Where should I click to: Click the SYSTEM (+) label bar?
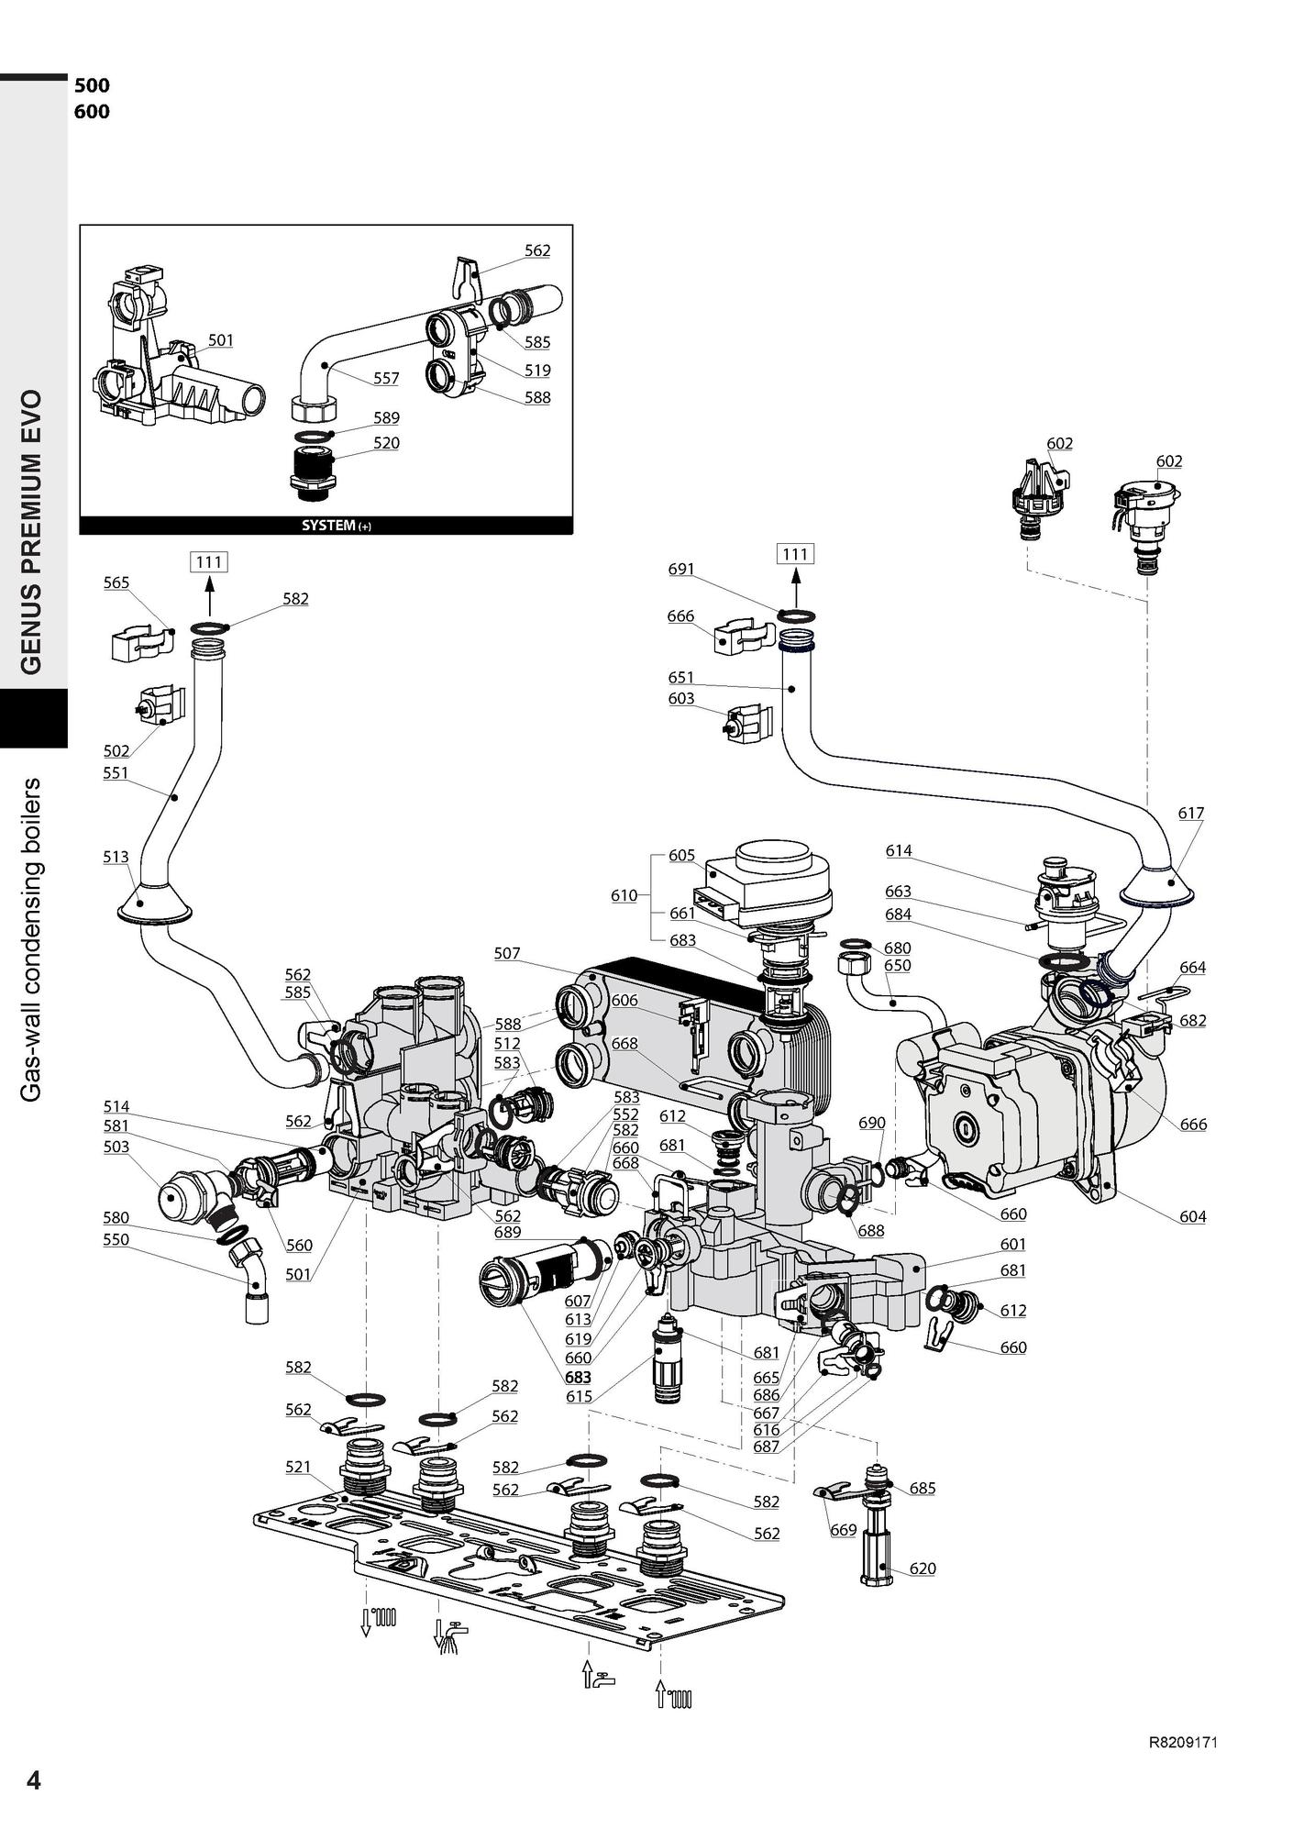[326, 526]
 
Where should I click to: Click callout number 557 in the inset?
[386, 378]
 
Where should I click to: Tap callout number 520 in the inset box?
[386, 443]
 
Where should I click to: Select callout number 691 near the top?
[681, 570]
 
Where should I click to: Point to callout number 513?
[116, 857]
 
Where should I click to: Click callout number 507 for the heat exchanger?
[507, 953]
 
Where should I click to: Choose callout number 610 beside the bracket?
[624, 895]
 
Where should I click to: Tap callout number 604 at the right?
[1192, 1216]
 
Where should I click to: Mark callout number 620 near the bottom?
[923, 1569]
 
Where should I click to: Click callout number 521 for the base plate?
[298, 1467]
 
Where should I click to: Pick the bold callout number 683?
[578, 1377]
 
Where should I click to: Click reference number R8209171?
[1183, 1742]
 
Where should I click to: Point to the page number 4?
[34, 1780]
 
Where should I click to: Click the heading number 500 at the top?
[92, 85]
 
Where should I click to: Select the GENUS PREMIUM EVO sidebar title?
[32, 532]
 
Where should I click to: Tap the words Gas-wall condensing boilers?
[32, 939]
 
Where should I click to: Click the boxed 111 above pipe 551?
[209, 561]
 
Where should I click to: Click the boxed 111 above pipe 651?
[795, 554]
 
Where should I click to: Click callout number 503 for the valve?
[116, 1147]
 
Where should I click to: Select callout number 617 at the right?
[1191, 813]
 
